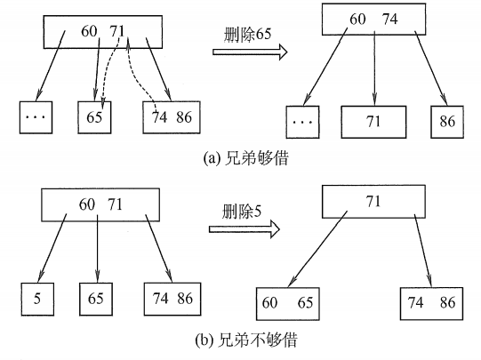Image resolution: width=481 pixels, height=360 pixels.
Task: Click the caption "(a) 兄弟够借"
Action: click(241, 160)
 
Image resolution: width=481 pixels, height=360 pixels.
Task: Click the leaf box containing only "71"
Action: click(373, 121)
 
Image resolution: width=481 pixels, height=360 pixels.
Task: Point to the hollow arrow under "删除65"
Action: click(247, 52)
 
